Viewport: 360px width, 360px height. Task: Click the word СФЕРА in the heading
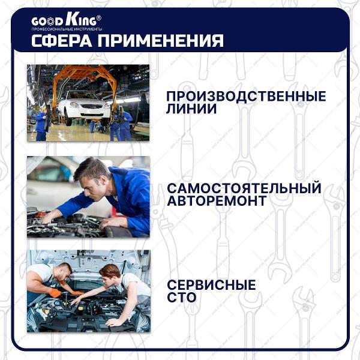tap(62, 41)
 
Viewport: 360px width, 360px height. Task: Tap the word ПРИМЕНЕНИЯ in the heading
tap(160, 41)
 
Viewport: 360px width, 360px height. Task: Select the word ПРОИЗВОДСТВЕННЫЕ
tap(246, 96)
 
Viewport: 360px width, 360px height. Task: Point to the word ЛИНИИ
tap(191, 109)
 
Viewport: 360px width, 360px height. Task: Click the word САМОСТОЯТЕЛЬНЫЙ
tap(244, 188)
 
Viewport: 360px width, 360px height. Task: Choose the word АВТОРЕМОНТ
tap(217, 200)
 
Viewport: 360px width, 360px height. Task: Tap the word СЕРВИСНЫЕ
tap(211, 284)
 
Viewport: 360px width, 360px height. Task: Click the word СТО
tap(182, 297)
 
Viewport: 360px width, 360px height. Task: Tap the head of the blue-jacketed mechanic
tap(91, 175)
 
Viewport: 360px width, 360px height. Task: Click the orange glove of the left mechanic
tap(55, 293)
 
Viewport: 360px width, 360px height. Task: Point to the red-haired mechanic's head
tap(110, 274)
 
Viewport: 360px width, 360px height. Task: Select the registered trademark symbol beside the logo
tap(99, 18)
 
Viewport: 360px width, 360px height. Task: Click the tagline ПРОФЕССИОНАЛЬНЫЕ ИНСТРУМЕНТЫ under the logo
tap(67, 29)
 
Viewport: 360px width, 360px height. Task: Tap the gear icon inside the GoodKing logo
tap(50, 22)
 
